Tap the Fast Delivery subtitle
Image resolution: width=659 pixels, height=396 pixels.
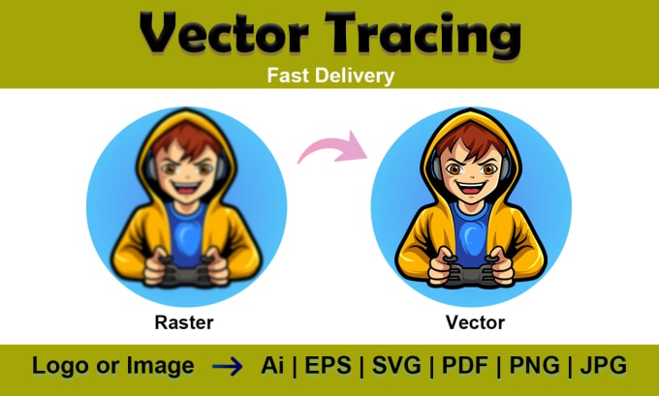(x=329, y=75)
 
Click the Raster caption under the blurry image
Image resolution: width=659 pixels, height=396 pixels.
(x=184, y=321)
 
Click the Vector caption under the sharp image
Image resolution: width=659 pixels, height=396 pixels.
(x=474, y=321)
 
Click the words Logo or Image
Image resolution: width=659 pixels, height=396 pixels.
(x=112, y=367)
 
